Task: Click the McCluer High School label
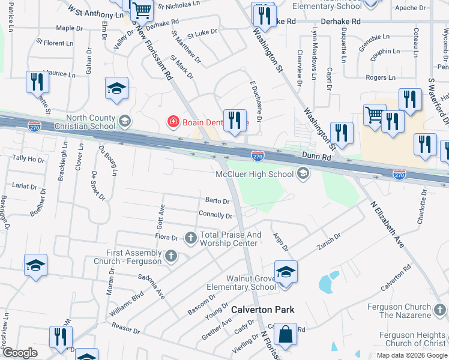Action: click(x=255, y=174)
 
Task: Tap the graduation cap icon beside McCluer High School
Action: click(x=303, y=174)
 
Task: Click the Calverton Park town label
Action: click(x=264, y=310)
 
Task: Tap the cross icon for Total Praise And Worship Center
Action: click(x=191, y=238)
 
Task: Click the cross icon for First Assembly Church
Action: click(x=171, y=256)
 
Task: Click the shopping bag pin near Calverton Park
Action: click(x=286, y=335)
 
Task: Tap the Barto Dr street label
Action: click(x=217, y=201)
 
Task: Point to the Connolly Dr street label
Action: click(x=215, y=215)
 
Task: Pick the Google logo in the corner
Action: click(x=20, y=353)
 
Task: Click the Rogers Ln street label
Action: click(x=381, y=77)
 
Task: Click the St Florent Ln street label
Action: click(x=55, y=43)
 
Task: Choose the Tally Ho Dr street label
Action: click(x=28, y=159)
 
